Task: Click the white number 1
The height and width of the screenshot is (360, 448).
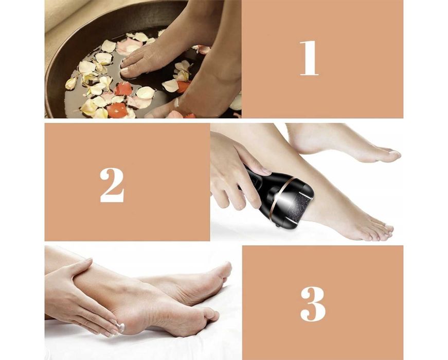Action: click(309, 58)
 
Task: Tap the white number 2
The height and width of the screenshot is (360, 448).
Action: click(112, 185)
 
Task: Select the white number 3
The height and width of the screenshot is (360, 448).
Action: click(313, 304)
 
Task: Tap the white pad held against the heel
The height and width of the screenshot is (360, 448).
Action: click(122, 328)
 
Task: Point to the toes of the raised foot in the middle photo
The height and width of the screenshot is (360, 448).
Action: click(391, 154)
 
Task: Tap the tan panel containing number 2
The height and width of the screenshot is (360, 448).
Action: click(128, 182)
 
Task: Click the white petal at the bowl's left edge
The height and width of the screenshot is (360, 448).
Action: click(71, 83)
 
